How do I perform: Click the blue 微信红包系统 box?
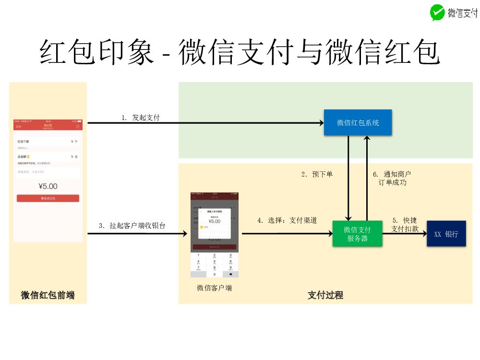tap(358, 122)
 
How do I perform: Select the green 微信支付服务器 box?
tap(357, 234)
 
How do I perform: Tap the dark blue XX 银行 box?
tap(446, 234)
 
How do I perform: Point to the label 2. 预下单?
tap(317, 174)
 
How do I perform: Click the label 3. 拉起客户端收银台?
tap(132, 225)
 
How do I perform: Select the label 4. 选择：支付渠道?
tap(287, 220)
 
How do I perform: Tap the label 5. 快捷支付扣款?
tap(405, 225)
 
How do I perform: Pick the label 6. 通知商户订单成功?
tap(392, 178)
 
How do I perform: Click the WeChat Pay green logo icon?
tap(437, 12)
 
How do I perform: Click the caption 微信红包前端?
tap(48, 295)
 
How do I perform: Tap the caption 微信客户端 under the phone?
tap(214, 288)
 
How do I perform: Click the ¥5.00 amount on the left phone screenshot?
tap(48, 186)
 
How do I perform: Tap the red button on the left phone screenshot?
tap(48, 198)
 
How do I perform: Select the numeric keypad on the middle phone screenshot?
tap(214, 264)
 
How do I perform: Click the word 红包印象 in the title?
tap(96, 52)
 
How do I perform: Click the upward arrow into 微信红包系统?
tap(367, 178)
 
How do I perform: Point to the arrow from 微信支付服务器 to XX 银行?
tap(405, 234)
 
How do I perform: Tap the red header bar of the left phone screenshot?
tap(48, 125)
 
